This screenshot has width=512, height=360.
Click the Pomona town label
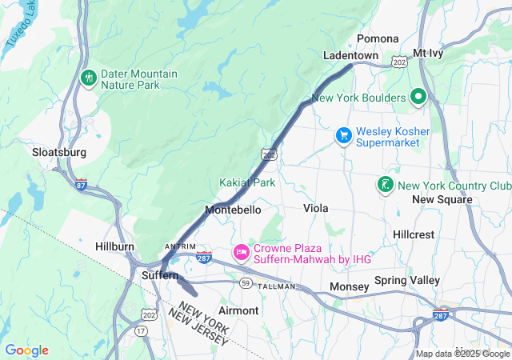(x=378, y=38)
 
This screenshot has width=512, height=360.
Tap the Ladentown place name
(x=350, y=55)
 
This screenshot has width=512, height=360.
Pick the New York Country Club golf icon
(x=385, y=186)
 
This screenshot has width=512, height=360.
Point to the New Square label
(x=442, y=199)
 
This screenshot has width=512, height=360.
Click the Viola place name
(x=316, y=208)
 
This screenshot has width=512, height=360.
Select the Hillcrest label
(x=414, y=234)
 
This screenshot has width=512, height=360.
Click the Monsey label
(x=350, y=286)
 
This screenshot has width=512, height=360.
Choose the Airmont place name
(x=238, y=310)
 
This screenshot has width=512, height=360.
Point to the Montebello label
(x=233, y=209)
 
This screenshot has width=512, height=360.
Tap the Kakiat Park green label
(x=247, y=182)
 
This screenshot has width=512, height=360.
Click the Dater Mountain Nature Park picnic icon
(x=88, y=78)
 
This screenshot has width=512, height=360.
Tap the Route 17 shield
(x=141, y=330)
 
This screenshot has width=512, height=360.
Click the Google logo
(x=26, y=350)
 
